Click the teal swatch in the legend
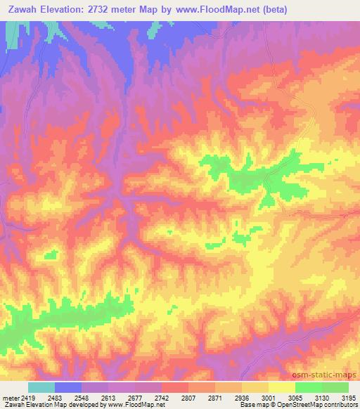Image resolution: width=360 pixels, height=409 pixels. coord(41,387)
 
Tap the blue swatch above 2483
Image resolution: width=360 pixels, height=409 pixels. coord(68,387)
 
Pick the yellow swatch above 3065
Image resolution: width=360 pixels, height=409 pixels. coord(281,387)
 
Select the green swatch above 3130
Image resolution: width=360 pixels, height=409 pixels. coord(308,387)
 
